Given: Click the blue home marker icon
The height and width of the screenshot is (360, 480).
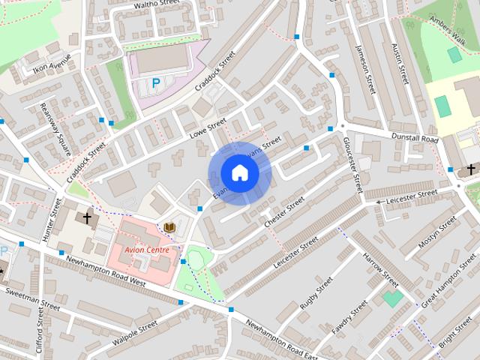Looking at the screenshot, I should tap(239, 173).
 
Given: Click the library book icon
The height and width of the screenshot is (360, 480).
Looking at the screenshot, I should tap(169, 227).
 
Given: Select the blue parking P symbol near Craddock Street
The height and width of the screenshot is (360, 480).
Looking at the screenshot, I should tap(156, 83).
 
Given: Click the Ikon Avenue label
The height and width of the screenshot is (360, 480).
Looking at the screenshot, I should tap(52, 63).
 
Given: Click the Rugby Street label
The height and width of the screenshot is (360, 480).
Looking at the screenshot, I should tap(316, 293).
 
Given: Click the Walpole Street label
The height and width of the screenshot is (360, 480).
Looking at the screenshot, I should tap(134, 332).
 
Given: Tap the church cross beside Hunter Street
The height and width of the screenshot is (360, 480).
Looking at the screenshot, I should tap(87, 218).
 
